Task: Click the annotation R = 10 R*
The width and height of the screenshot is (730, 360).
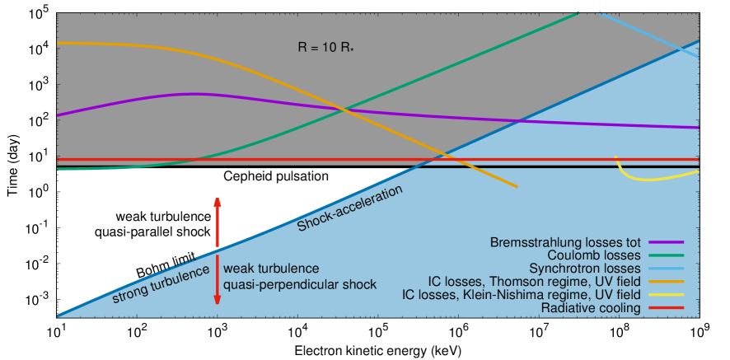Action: pos(330,49)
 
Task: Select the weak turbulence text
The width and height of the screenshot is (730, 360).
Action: pos(271,269)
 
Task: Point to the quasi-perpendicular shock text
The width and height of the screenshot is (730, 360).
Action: pos(300,284)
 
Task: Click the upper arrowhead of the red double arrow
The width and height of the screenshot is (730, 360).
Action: pos(218,201)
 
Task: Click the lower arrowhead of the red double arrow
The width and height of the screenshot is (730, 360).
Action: pos(218,301)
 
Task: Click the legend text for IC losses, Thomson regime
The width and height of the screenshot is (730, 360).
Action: pos(535,282)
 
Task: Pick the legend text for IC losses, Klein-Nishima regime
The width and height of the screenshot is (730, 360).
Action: pos(521,295)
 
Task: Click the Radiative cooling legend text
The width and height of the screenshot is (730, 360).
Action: pos(591,308)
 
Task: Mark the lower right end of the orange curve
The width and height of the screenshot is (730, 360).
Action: pos(517,187)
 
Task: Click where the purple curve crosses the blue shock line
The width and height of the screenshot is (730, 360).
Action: pos(517,121)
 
